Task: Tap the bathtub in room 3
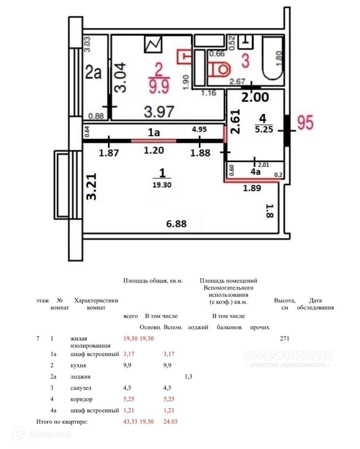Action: pos(273,60)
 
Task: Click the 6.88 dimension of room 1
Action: pos(176,223)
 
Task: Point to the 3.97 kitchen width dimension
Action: pos(159,112)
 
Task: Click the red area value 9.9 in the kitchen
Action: pos(159,86)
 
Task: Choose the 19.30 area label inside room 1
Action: pos(162,185)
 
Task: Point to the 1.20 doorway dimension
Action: pos(154,151)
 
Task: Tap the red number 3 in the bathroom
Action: pos(246,60)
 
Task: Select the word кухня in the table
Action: pos(78,366)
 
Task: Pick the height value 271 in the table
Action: pos(284,339)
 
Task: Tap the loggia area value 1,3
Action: pos(188,377)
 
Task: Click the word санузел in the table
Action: pos(81,388)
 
